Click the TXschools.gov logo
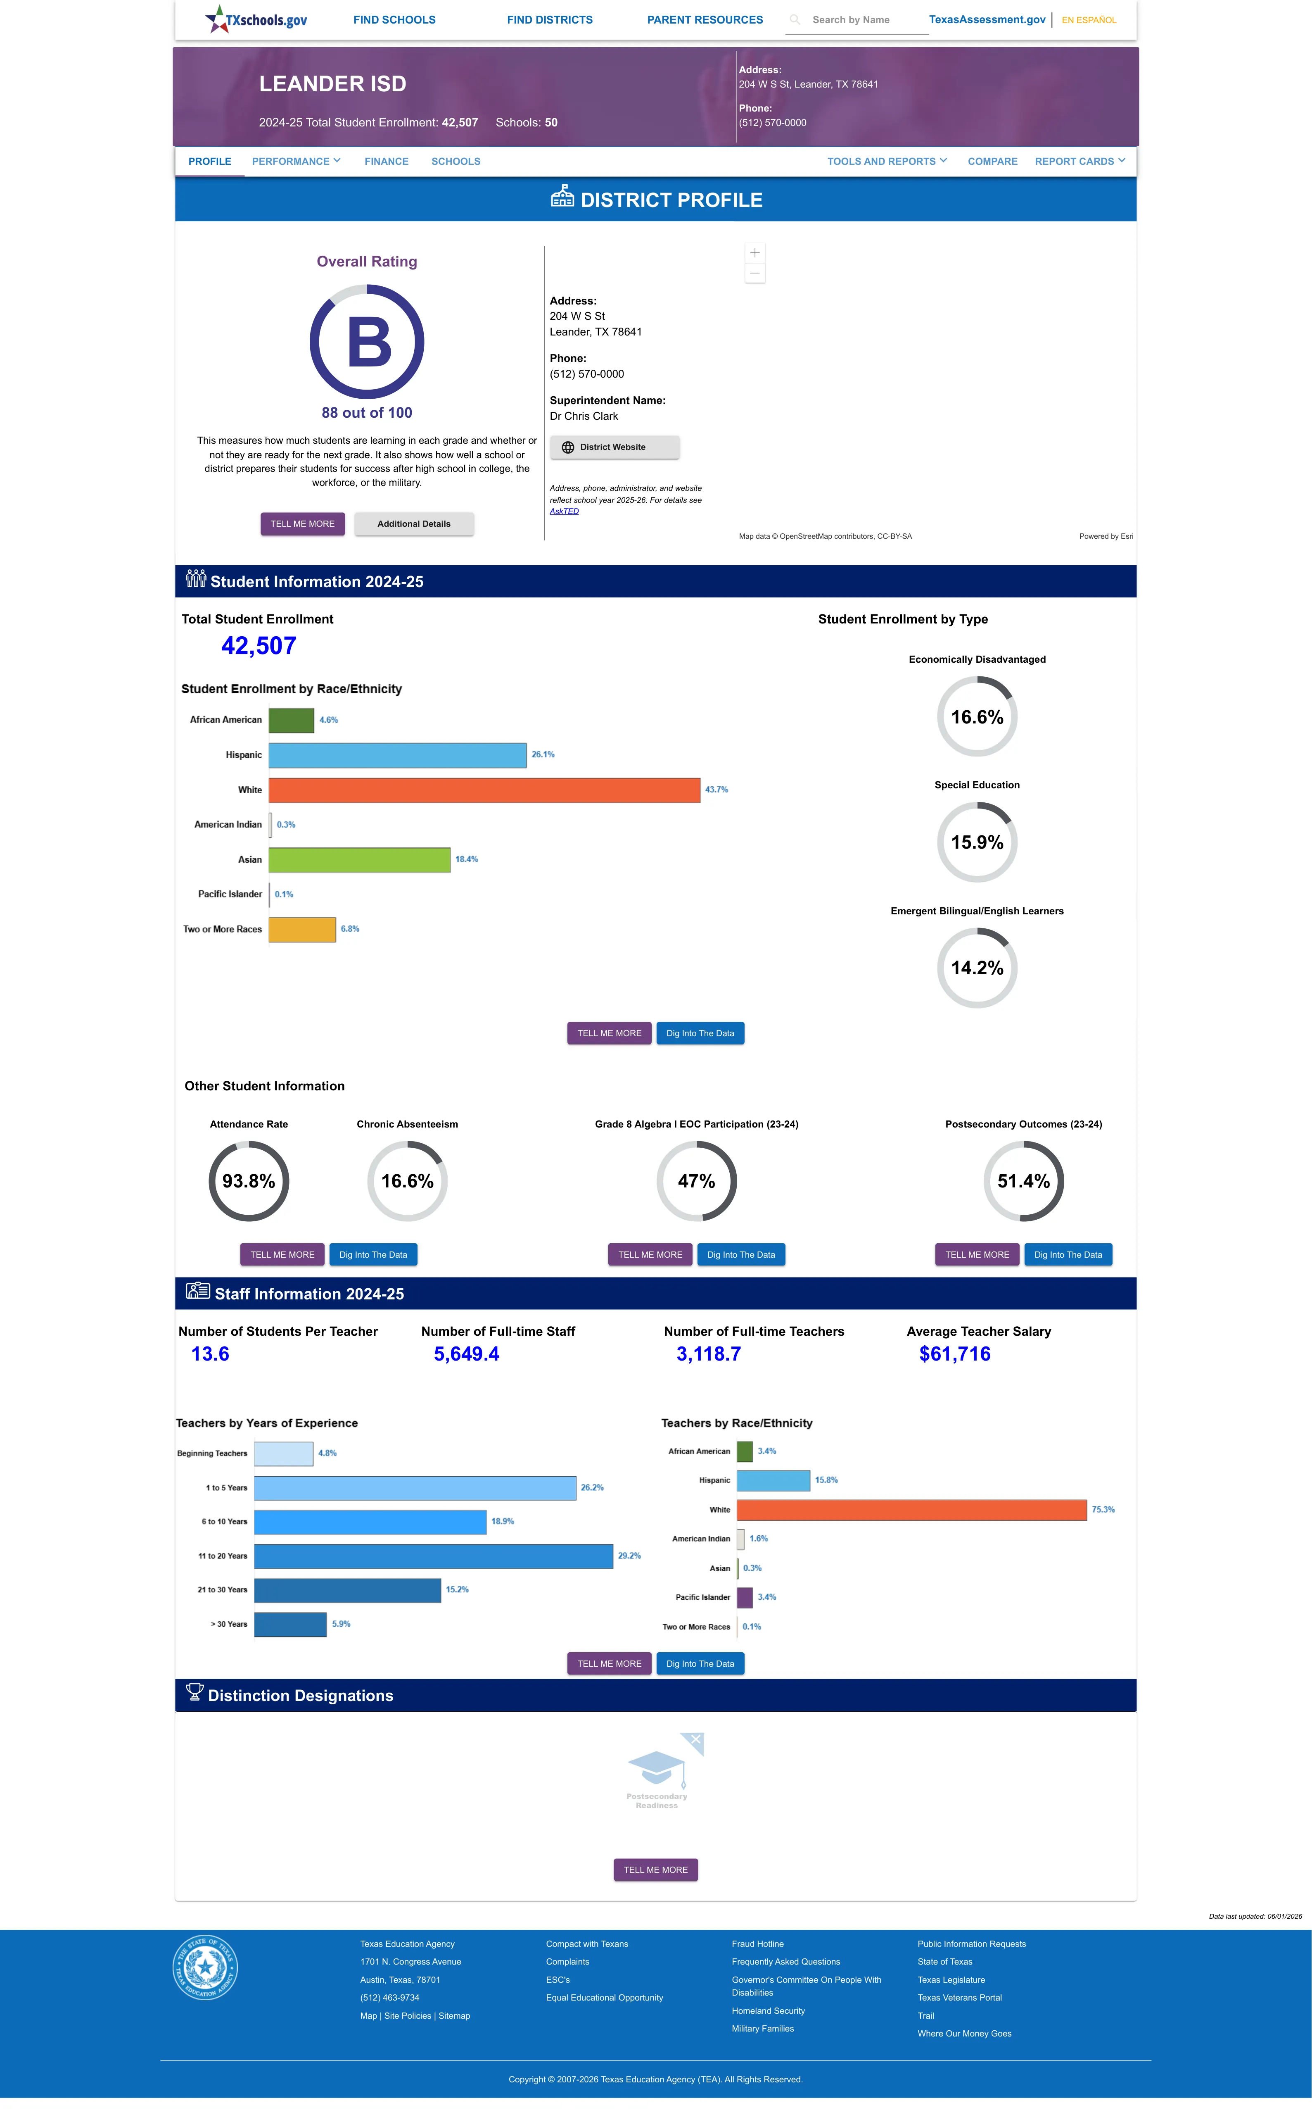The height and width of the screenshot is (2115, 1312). (256, 19)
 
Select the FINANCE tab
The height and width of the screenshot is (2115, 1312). (386, 162)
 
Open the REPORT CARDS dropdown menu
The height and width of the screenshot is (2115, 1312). (1079, 162)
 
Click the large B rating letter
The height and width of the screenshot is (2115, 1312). (369, 342)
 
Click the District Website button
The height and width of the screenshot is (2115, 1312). (614, 447)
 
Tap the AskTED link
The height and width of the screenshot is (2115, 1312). (564, 511)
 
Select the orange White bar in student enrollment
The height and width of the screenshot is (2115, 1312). (484, 790)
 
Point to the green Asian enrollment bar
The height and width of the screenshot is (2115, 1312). (359, 859)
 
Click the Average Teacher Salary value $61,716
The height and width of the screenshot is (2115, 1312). (954, 1354)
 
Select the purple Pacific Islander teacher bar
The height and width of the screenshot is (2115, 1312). (745, 1597)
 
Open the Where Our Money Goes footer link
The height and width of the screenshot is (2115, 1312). (964, 2034)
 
